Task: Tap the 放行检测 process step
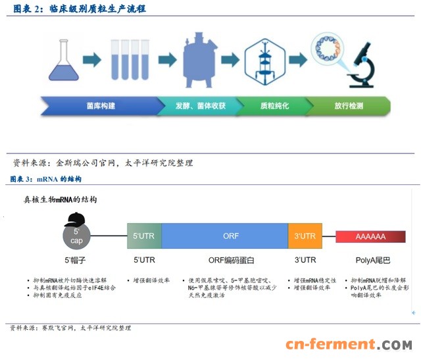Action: point(349,105)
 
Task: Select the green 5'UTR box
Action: point(144,236)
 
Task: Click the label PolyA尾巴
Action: point(370,259)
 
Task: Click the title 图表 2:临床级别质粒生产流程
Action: point(79,9)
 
